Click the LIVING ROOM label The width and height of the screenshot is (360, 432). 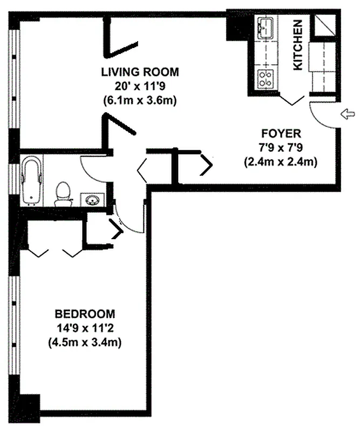coord(140,72)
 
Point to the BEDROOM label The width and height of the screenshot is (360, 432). coord(85,314)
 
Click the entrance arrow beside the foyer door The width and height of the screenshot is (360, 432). coord(348,113)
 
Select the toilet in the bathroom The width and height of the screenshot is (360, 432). coord(63,193)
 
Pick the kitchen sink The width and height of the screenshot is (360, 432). coord(266,26)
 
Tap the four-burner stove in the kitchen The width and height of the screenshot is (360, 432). coord(266,79)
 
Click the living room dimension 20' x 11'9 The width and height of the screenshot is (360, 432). coord(140,86)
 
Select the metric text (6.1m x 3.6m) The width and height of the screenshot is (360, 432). coord(140,100)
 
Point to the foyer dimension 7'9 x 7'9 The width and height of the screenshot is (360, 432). coord(281,147)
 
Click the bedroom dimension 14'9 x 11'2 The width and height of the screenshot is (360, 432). coord(85,328)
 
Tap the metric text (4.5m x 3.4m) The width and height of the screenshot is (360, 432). coord(85,342)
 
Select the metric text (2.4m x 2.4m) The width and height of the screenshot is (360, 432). coord(281,161)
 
